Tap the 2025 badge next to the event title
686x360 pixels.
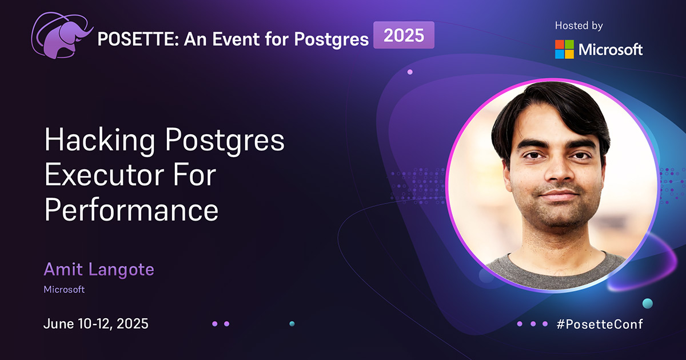[x=404, y=35]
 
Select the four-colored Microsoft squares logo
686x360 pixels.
[x=564, y=49]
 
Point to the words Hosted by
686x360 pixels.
[x=579, y=26]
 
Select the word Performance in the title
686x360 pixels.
[x=131, y=210]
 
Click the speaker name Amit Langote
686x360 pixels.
[x=98, y=270]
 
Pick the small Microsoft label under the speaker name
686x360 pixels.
[x=64, y=290]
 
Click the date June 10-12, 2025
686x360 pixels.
[x=96, y=323]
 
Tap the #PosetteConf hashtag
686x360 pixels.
[x=600, y=324]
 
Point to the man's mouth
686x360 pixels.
[x=552, y=196]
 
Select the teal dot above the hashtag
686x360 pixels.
[x=647, y=303]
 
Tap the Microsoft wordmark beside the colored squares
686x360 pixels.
[x=611, y=50]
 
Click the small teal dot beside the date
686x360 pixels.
[x=292, y=323]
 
